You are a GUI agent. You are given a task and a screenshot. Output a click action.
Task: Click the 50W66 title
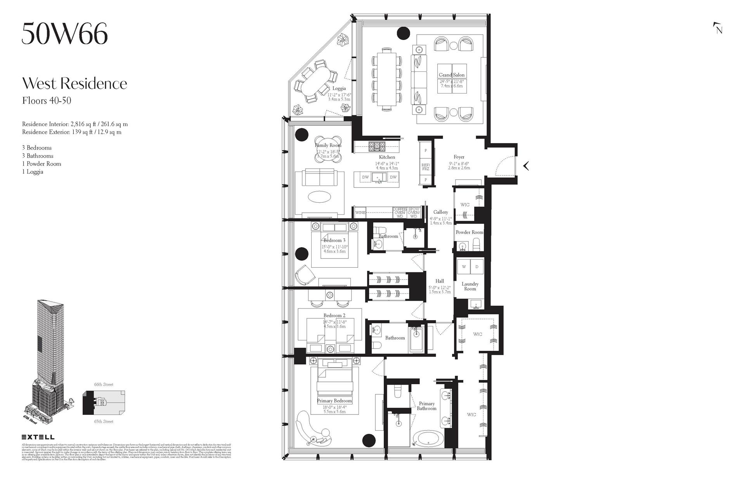64,34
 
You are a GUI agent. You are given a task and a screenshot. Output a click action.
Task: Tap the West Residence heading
74,83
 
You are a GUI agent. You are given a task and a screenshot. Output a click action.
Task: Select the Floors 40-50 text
47,101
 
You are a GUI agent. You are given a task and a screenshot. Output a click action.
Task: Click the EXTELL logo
38,437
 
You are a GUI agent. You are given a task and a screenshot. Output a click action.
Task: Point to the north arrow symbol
717,28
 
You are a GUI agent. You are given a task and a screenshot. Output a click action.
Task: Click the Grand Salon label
451,75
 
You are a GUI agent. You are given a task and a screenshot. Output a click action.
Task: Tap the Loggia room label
339,88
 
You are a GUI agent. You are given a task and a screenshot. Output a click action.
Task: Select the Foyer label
459,157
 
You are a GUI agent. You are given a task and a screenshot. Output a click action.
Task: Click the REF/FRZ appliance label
425,167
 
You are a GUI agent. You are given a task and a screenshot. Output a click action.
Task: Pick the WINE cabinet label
360,213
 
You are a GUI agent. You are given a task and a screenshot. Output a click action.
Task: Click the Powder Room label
469,232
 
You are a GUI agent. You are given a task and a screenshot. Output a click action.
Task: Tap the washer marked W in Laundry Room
464,267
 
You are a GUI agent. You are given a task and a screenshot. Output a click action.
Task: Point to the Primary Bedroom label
334,401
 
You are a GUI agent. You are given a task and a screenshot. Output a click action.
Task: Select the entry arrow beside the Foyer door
526,166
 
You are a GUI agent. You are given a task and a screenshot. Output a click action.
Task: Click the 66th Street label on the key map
104,385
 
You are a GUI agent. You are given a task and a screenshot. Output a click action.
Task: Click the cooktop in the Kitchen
376,147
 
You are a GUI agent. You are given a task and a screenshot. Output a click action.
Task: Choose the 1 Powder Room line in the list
42,164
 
